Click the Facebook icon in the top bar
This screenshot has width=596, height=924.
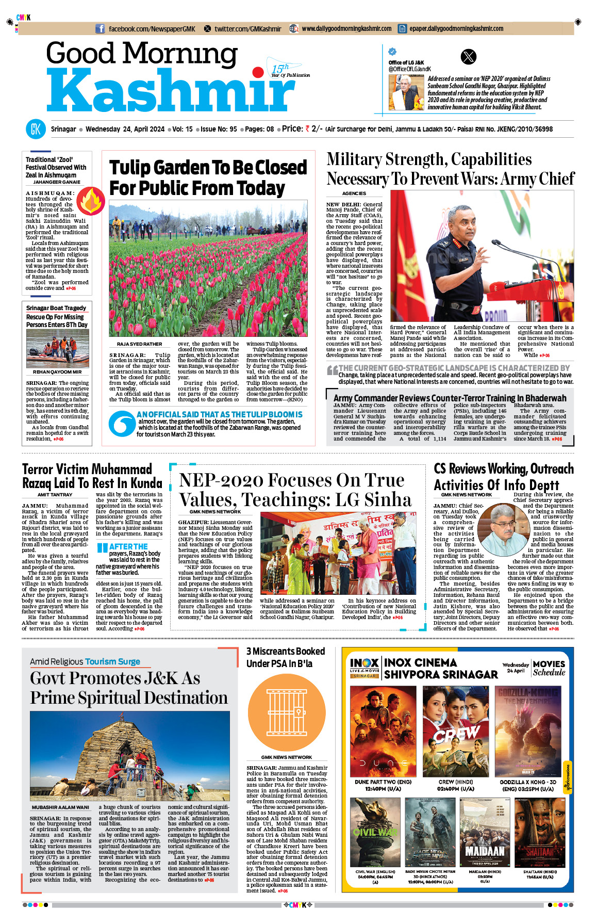[100, 29]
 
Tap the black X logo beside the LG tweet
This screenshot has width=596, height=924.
[468, 57]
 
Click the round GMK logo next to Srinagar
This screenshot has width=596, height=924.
[36, 129]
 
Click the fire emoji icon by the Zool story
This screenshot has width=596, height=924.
[91, 201]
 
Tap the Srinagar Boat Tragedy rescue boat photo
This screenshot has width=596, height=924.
[57, 348]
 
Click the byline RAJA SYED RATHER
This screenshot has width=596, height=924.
[139, 344]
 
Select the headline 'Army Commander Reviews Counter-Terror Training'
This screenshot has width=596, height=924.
[450, 398]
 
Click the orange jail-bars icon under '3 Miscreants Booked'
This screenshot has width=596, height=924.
[286, 712]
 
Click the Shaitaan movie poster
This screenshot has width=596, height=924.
[539, 833]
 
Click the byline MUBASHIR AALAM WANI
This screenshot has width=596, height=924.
[60, 807]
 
